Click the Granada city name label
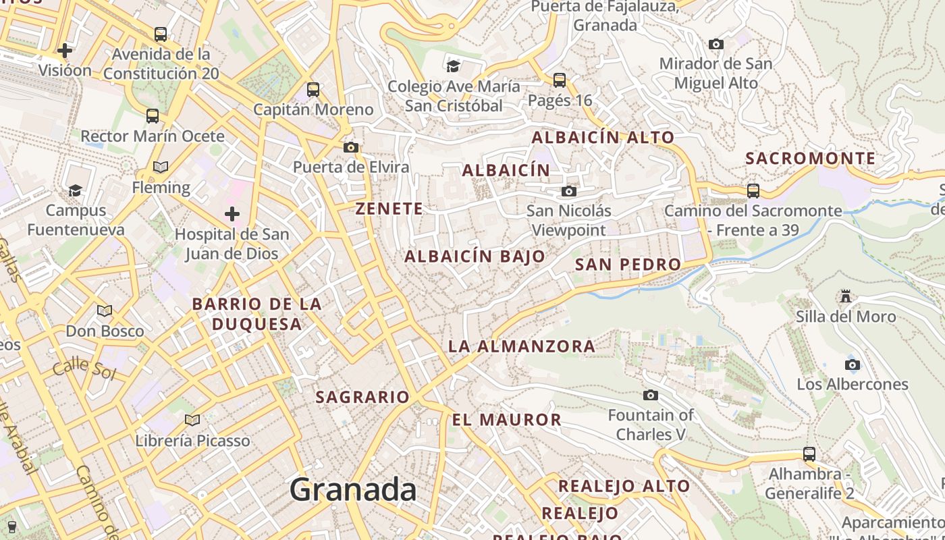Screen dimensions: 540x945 point(353,489)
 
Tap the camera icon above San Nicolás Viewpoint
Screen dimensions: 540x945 point(569,191)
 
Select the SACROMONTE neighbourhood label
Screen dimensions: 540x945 point(810,159)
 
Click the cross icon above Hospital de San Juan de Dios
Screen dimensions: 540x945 point(232,214)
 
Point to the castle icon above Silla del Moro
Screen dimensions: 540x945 point(845,296)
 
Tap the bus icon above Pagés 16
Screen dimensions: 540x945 point(559,80)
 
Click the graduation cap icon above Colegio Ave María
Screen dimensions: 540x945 point(453,65)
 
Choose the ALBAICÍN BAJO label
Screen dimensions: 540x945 point(475,256)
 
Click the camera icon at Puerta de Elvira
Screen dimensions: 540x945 point(350,147)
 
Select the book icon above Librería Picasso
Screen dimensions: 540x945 point(192,420)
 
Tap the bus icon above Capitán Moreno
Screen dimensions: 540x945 point(313,89)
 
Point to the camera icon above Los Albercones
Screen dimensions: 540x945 point(853,364)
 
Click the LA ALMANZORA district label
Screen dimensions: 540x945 point(521,346)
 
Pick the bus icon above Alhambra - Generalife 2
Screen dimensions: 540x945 point(809,454)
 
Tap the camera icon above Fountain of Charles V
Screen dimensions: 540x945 point(651,395)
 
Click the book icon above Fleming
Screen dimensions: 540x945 point(161,167)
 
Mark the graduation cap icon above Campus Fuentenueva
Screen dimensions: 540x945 point(75,190)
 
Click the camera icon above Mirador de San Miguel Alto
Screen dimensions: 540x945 point(715,45)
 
